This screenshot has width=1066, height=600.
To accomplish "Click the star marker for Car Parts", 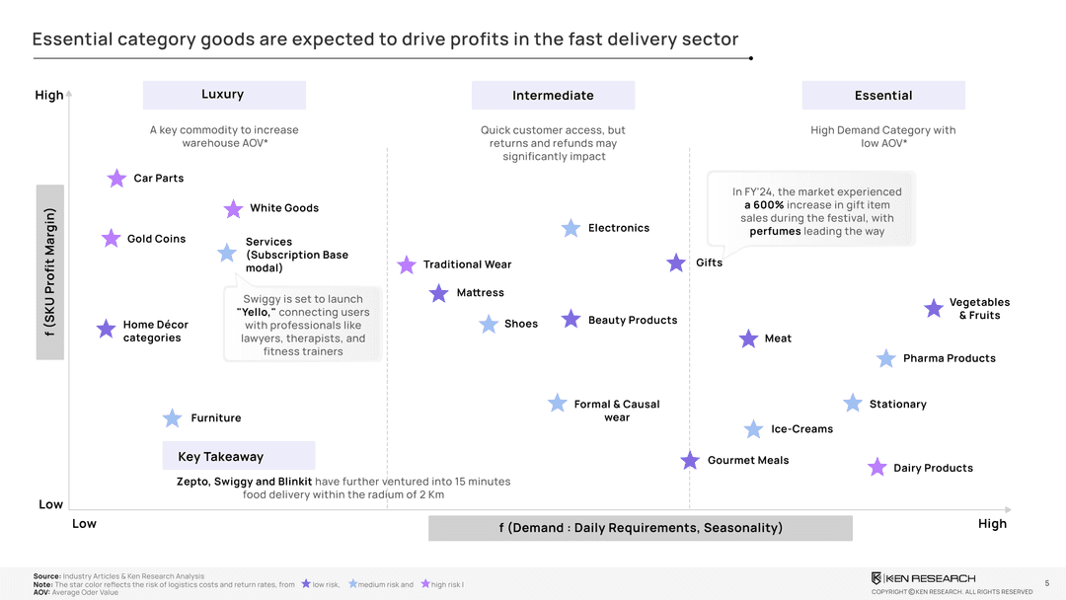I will coord(116,179).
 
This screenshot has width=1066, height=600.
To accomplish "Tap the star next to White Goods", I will coord(233,209).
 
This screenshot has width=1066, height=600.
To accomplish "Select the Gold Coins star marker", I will coord(111,239).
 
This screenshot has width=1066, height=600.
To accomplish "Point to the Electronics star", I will coord(571,228).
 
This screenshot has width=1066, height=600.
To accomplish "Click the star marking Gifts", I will coord(676,262).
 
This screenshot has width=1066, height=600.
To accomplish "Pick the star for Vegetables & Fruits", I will coord(934,309).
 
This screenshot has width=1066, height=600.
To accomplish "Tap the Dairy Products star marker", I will coord(876,467).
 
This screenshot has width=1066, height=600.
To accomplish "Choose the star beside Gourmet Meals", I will coord(690,460).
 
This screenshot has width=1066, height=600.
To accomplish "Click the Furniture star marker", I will coord(173,418).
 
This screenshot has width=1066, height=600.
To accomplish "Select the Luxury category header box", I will coord(224,95).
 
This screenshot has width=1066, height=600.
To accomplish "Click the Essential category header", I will coord(883,96).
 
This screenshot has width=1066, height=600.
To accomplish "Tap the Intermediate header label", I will coord(553,96).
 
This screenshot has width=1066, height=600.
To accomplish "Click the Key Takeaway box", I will coord(239,456).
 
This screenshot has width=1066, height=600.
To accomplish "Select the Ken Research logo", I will coord(923,577).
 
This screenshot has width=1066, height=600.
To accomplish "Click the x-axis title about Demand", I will coord(641,528).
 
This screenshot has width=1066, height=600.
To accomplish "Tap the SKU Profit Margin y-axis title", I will coord(50,274).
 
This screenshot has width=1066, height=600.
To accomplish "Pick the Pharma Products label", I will coord(949,358).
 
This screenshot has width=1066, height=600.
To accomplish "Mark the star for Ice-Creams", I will coord(753,429).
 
